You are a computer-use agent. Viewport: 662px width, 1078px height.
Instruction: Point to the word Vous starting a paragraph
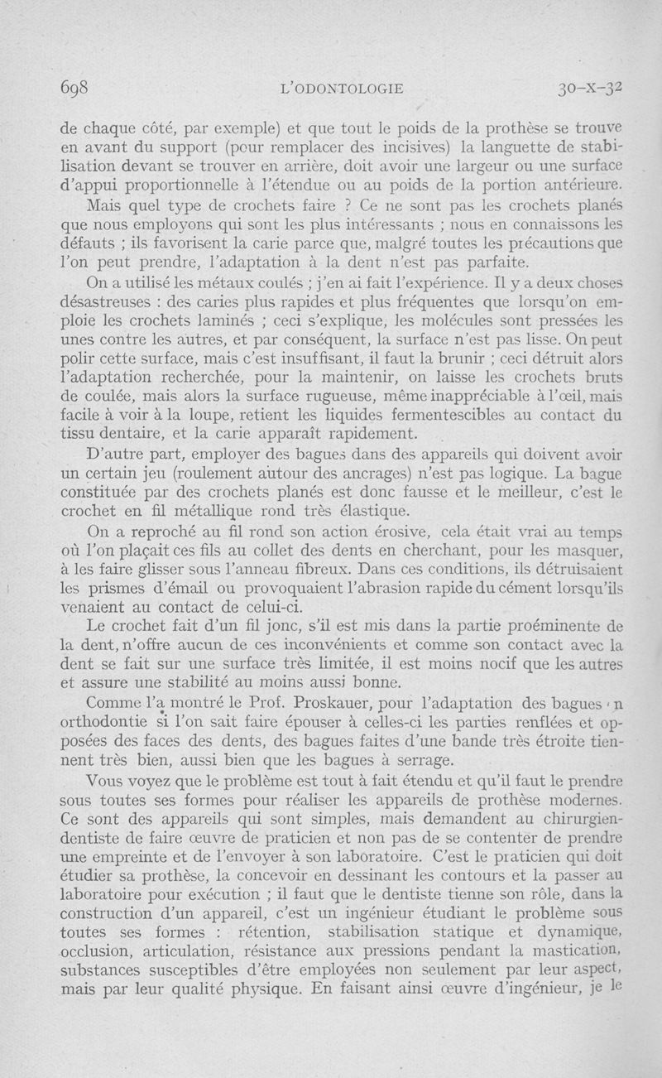point(107,782)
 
